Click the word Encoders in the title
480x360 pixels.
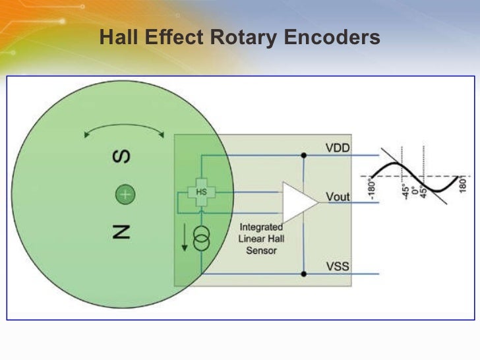click(333, 38)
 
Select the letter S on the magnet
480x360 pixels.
click(123, 157)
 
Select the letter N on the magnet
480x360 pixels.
click(123, 230)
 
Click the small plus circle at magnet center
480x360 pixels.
click(125, 195)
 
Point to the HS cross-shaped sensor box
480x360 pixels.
click(202, 192)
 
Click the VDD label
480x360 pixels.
click(338, 148)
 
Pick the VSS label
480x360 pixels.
click(338, 266)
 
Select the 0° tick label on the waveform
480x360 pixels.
click(414, 191)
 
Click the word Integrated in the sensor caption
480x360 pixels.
click(261, 227)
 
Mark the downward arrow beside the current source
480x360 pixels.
click(185, 239)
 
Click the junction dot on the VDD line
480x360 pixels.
click(303, 156)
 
